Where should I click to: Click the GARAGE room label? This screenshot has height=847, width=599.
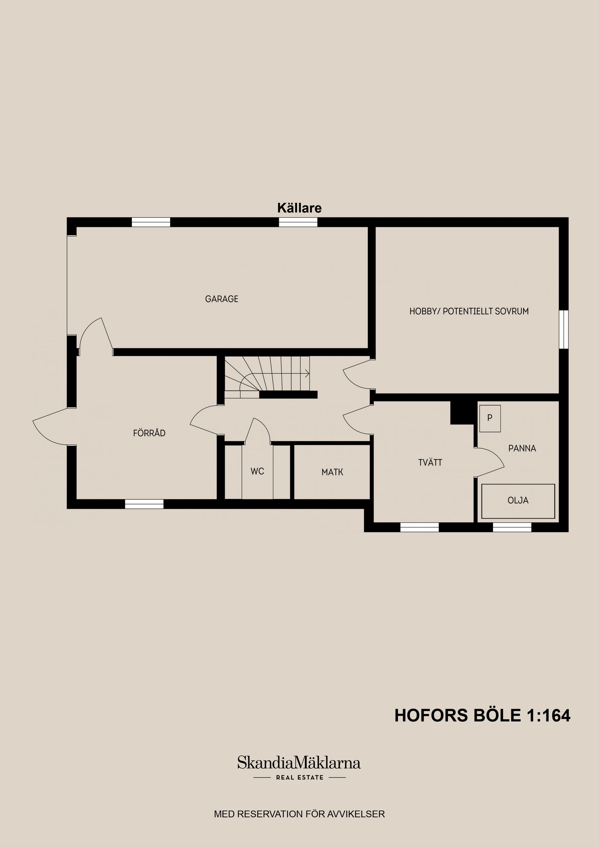tap(221, 299)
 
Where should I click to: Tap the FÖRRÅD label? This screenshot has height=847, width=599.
tap(149, 433)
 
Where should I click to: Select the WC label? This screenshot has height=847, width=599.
tap(257, 471)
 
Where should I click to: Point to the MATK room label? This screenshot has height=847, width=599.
tap(332, 472)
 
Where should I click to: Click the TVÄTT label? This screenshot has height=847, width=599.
tap(430, 463)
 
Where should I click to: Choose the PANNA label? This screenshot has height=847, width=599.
tap(522, 448)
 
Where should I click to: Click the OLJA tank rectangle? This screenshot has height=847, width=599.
tap(518, 501)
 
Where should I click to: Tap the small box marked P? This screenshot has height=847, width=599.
tap(490, 418)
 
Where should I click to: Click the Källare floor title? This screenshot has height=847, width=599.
tap(299, 208)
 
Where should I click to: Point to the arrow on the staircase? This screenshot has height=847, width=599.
tap(306, 374)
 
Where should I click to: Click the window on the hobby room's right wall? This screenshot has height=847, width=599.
tap(563, 330)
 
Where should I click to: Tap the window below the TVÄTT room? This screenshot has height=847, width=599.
tap(419, 528)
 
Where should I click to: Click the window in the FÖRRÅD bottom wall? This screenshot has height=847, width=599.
tap(144, 504)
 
